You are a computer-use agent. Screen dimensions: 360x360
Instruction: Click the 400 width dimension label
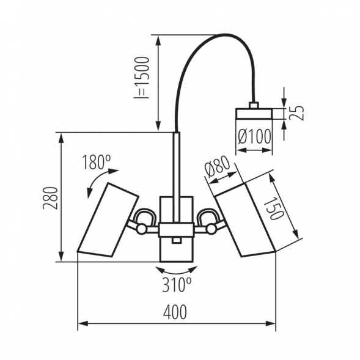(x=175, y=312)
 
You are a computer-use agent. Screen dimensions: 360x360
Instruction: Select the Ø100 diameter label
(x=254, y=138)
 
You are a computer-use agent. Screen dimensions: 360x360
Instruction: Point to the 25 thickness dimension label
(x=296, y=113)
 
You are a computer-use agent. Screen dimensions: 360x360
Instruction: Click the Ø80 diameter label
(x=218, y=167)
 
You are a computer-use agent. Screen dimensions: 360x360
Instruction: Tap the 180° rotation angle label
(x=96, y=163)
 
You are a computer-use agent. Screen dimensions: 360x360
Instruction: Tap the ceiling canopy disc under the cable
(x=254, y=114)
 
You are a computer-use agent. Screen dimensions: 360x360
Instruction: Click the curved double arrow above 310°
(x=176, y=270)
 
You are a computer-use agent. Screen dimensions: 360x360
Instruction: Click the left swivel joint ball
(x=142, y=229)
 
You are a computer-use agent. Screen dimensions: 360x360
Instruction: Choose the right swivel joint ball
(x=211, y=229)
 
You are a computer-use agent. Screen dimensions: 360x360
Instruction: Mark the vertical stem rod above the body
(x=176, y=165)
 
